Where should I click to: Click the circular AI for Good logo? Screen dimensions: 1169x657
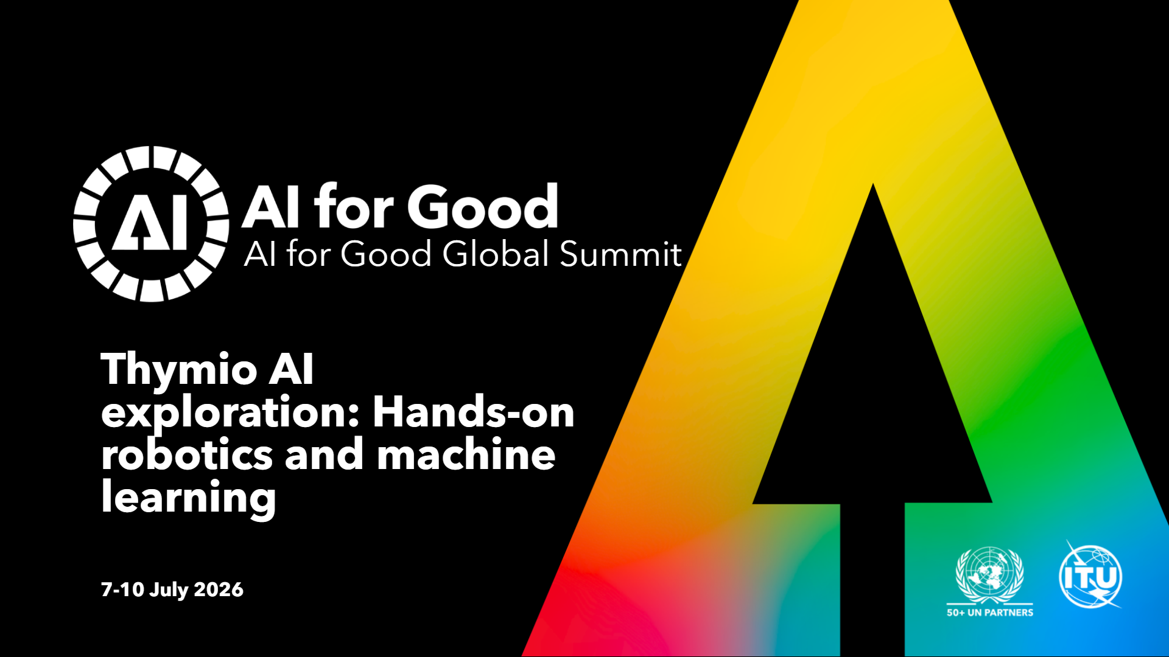click(151, 224)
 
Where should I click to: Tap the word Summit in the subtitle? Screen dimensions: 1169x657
click(620, 254)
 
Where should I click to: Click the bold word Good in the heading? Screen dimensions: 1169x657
click(483, 206)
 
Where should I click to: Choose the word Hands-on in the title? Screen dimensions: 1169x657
click(474, 412)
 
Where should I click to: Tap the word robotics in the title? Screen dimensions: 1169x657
click(187, 454)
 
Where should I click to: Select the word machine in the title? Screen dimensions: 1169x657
click(466, 454)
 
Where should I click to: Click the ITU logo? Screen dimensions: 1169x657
click(1090, 575)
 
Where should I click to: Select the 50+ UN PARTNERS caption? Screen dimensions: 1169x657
click(990, 613)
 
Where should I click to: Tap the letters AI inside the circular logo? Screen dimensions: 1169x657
click(150, 224)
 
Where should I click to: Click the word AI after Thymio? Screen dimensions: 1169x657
click(291, 369)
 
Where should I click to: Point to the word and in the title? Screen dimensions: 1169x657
click(324, 454)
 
